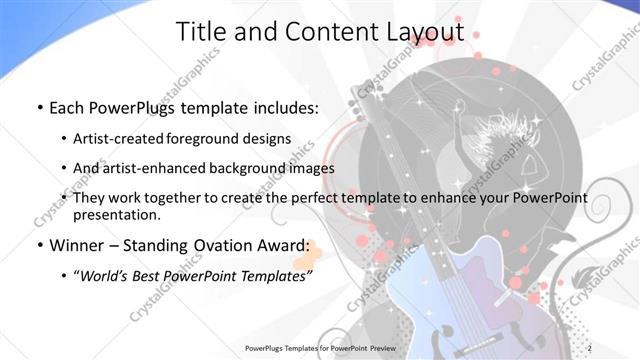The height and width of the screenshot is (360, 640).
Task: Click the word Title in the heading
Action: (198, 31)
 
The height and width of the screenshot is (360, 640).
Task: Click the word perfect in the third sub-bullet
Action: (318, 198)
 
